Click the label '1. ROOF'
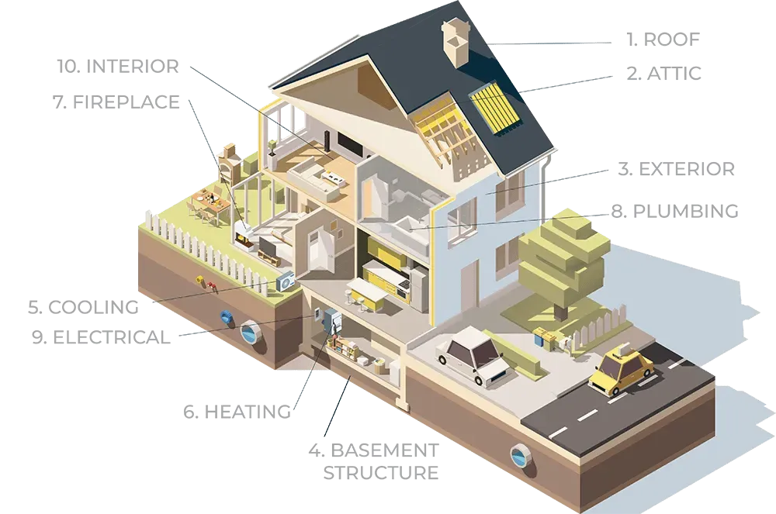click(663, 39)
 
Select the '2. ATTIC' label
click(663, 73)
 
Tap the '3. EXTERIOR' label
click(677, 169)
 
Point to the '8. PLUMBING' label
click(674, 211)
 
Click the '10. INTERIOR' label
click(118, 66)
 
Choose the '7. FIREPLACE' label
click(116, 102)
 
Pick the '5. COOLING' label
click(83, 307)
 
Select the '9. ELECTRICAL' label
click(101, 337)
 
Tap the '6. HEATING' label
click(237, 411)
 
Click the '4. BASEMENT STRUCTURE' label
click(374, 461)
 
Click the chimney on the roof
click(456, 43)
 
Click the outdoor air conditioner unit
click(286, 282)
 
